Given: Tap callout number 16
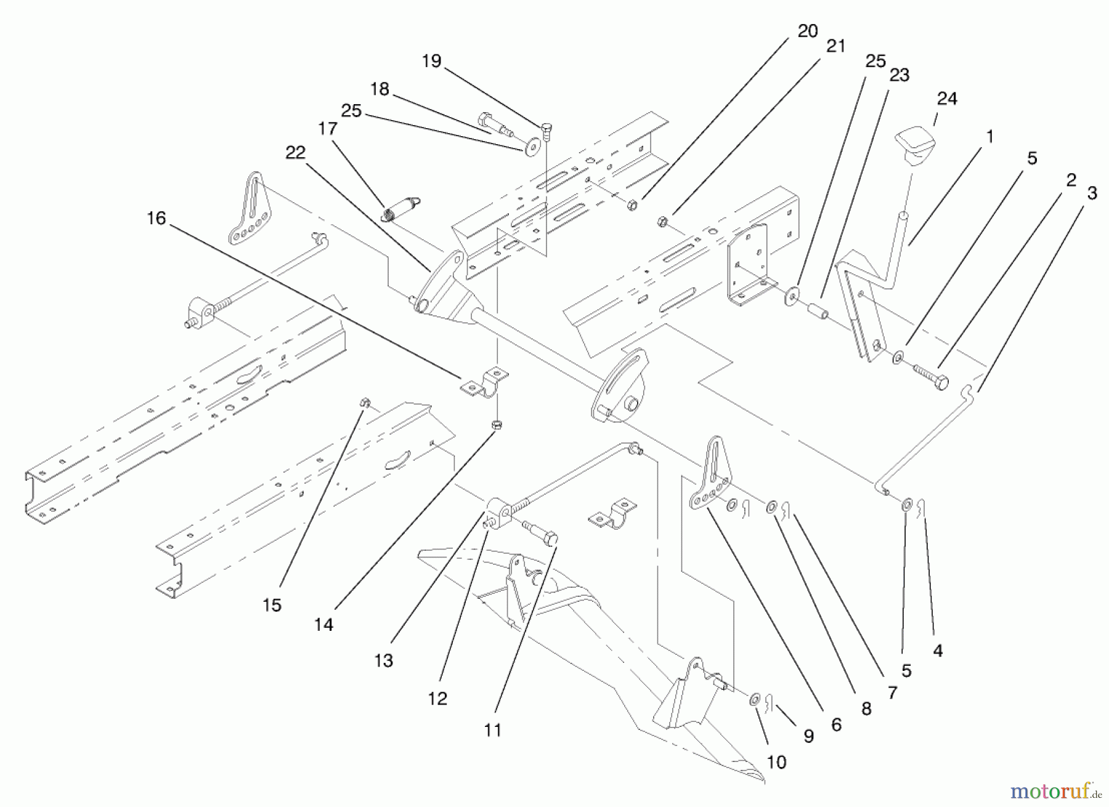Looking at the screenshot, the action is [156, 218].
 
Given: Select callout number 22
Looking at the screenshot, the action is [296, 152].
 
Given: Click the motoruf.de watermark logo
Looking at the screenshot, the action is [1056, 789].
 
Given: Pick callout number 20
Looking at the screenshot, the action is [808, 31].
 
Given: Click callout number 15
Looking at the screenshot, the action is [272, 605].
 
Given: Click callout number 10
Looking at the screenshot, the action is [777, 762].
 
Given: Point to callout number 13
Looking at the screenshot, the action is [383, 660].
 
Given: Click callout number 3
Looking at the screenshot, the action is [1092, 193].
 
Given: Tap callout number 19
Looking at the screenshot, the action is [432, 61].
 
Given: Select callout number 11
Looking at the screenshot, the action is [492, 731].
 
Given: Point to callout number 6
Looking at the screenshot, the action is [836, 725].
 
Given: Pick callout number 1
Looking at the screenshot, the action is [990, 136].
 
